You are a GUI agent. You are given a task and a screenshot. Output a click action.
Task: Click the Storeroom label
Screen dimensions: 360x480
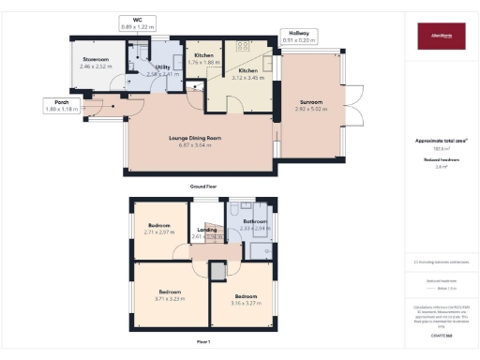[x=96, y=59]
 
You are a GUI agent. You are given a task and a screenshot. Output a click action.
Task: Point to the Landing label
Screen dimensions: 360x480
[x=207, y=230]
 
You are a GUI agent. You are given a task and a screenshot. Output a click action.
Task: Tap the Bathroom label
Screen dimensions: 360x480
[x=255, y=221]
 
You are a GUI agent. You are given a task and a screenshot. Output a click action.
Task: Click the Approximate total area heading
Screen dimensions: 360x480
[x=438, y=141]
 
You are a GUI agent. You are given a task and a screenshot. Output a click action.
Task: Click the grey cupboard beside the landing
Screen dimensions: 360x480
[x=217, y=271]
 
